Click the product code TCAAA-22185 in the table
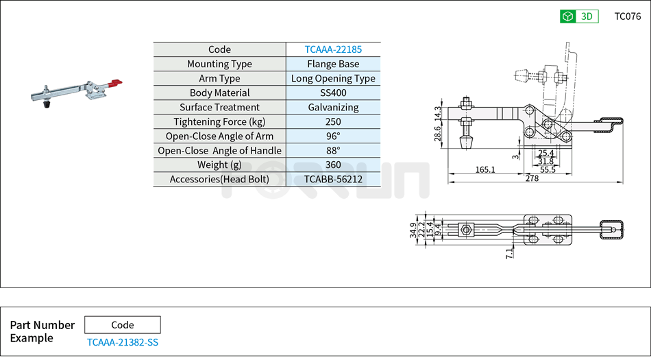click(333, 49)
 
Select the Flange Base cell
click(333, 64)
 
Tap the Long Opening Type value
click(333, 78)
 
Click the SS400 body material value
click(333, 93)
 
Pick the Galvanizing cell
click(333, 107)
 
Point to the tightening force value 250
click(333, 121)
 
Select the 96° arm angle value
click(333, 136)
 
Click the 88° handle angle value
click(333, 150)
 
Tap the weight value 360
click(333, 165)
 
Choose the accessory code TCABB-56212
click(333, 179)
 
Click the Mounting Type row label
click(219, 64)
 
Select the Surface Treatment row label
click(219, 107)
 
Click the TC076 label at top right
click(627, 16)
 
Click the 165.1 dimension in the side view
click(484, 169)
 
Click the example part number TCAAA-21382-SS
click(122, 342)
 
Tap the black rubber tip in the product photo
click(47, 106)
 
